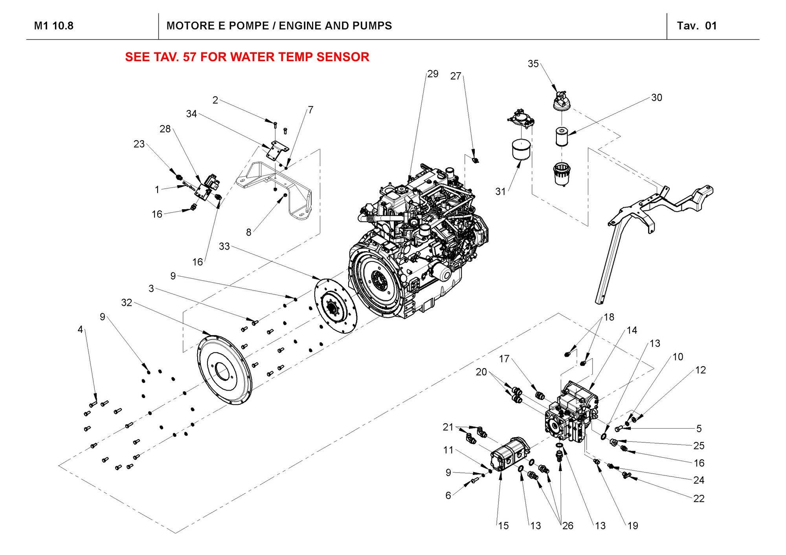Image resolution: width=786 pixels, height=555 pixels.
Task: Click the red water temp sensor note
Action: [x=247, y=57]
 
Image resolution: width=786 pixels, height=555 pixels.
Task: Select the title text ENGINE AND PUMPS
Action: [x=279, y=26]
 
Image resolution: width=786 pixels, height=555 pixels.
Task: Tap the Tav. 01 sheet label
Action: [x=697, y=26]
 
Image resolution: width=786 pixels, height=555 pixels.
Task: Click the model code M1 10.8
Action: [x=53, y=26]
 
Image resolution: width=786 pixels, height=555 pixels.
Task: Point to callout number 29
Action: [x=433, y=74]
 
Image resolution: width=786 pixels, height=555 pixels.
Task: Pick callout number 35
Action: [x=533, y=64]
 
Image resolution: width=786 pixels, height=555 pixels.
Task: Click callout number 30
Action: [x=657, y=97]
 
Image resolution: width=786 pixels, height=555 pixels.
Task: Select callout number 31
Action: [x=500, y=192]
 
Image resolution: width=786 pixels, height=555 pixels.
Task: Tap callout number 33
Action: [x=224, y=246]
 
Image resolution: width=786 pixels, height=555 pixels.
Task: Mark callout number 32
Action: [x=127, y=303]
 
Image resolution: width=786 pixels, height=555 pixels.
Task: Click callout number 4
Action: [x=80, y=329]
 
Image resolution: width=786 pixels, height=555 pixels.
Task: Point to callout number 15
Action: [x=503, y=526]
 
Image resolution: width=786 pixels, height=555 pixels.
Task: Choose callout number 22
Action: [x=699, y=498]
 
